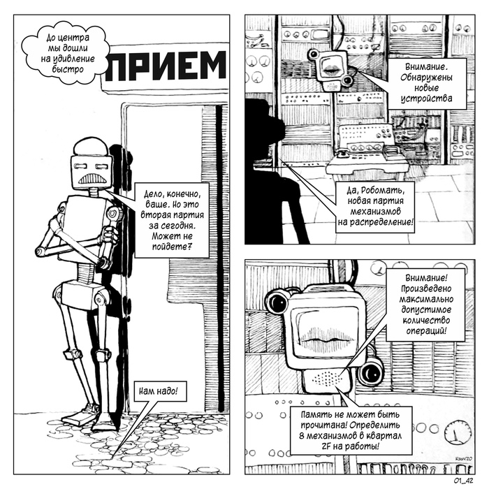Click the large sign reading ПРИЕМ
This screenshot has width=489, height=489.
tap(166, 66)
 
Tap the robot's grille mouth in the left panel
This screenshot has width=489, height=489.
tap(92, 179)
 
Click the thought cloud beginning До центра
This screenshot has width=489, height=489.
tap(68, 52)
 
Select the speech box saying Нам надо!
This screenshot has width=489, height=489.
tap(159, 391)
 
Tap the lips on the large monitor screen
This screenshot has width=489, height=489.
tap(328, 335)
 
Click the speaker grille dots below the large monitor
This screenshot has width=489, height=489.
tap(327, 378)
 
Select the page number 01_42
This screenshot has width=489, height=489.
tap(464, 481)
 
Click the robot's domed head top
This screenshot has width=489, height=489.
tap(91, 147)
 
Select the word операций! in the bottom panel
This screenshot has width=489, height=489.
tap(426, 330)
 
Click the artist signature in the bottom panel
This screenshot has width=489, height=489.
tap(463, 458)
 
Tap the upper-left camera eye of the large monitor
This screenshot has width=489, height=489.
tap(277, 301)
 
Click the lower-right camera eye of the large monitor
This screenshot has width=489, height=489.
tap(370, 372)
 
